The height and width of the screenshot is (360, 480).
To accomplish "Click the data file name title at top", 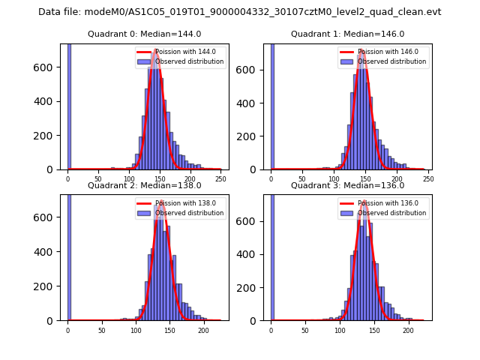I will pos(240,12).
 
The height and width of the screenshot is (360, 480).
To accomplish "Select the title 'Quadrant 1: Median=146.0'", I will pos(347,34).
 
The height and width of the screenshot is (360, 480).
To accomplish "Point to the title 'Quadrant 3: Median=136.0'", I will pos(347,185).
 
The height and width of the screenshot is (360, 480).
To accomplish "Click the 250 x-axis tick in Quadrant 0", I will pos(220,178).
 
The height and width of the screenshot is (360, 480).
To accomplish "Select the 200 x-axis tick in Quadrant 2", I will pos(203,330).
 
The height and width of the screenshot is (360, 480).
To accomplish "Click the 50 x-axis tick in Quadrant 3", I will pos(305,330).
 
